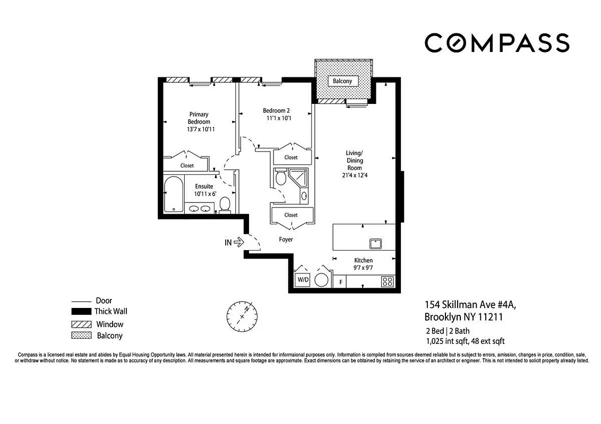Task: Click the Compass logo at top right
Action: point(497,43)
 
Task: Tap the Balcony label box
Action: point(343,81)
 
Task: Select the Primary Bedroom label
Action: point(199,118)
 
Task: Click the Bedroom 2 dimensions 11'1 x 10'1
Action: point(279,118)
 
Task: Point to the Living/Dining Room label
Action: point(354,160)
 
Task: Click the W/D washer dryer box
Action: point(303,279)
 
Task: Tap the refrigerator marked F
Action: point(340,282)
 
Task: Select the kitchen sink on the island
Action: point(376,243)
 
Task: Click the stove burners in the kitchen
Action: point(388,282)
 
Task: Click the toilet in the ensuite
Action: point(225,205)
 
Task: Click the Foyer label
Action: point(286,240)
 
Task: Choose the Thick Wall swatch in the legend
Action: point(81,312)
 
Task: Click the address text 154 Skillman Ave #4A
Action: point(470,305)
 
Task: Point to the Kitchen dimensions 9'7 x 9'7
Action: point(363,268)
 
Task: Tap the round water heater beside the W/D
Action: point(322,279)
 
